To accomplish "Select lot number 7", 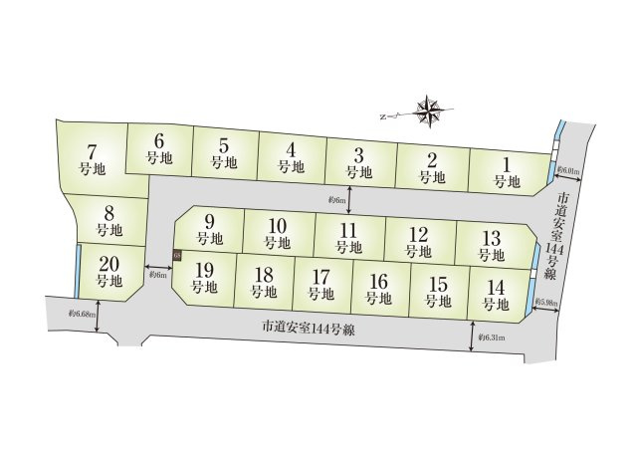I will (x=92, y=159).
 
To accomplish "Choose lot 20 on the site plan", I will (x=109, y=272).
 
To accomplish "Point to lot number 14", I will (x=496, y=295).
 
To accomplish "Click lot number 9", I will (x=209, y=230).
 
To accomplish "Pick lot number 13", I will (x=490, y=244).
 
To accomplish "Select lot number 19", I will (x=204, y=277).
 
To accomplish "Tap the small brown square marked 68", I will (x=177, y=256).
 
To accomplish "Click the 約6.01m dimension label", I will (x=569, y=170).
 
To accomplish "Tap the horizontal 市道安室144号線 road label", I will (x=313, y=326).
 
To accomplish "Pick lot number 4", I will (x=289, y=158).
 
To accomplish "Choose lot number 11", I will (x=348, y=238).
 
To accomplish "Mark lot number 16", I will (x=377, y=289).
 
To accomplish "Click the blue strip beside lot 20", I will (x=79, y=271).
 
